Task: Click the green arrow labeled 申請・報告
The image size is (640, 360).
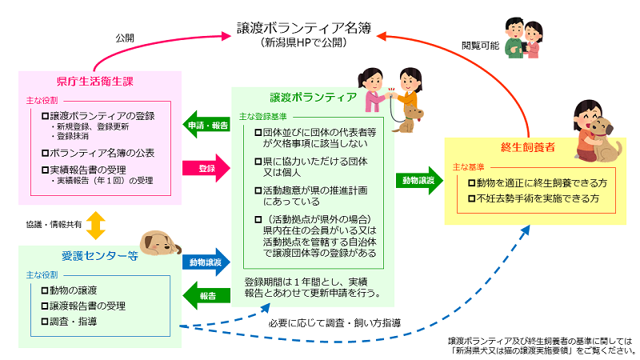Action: coord(207,126)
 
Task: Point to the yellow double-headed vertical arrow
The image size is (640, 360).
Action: coord(96,226)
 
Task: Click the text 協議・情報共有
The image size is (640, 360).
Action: coord(53,226)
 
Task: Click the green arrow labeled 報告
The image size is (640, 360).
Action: coord(207,296)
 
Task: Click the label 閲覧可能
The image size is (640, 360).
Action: coord(480,46)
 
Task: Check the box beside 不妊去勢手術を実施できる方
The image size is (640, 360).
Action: coord(472,198)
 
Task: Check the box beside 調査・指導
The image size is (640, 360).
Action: coord(45,321)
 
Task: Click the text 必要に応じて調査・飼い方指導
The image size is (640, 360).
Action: coord(336,323)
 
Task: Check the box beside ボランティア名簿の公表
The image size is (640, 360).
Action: coord(45,152)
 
